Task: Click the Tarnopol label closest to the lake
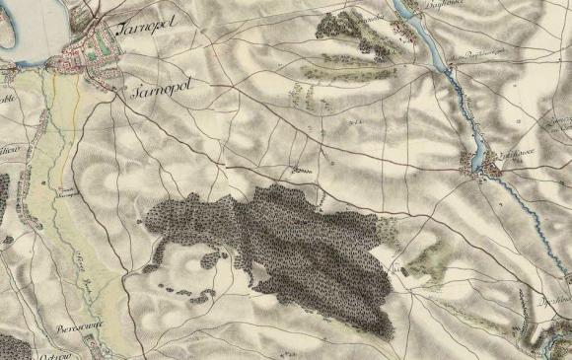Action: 145,29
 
